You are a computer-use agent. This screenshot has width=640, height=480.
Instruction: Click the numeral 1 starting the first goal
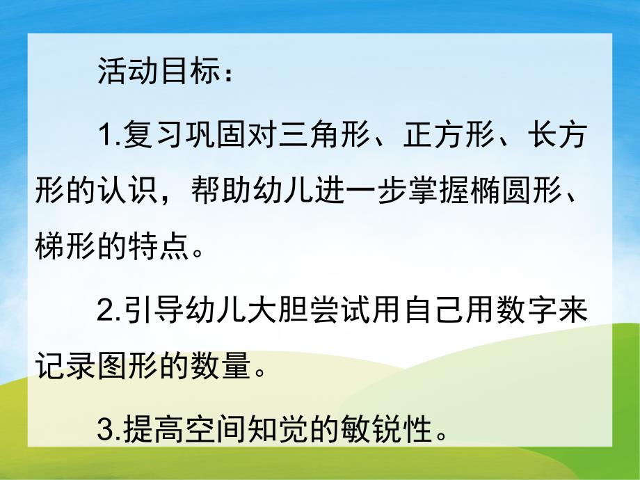[104, 136]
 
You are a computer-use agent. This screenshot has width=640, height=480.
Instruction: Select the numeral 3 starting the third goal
[104, 432]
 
